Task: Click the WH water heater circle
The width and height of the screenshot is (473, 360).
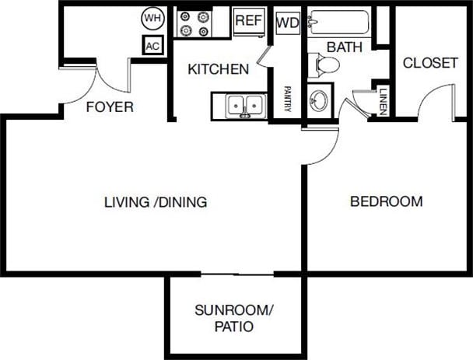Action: pyautogui.click(x=151, y=17)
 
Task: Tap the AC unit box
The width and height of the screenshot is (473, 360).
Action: pyautogui.click(x=152, y=46)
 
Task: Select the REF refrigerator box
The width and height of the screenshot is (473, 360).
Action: pyautogui.click(x=248, y=22)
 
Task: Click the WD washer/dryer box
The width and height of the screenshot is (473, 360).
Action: pyautogui.click(x=287, y=23)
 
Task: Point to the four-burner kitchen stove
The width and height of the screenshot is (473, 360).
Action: pyautogui.click(x=194, y=23)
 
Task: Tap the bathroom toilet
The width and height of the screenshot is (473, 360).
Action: pyautogui.click(x=322, y=65)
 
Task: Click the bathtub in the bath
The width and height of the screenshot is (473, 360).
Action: pyautogui.click(x=339, y=22)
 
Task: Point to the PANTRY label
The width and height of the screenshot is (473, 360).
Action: pyautogui.click(x=287, y=100)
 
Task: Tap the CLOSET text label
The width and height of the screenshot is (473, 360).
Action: pyautogui.click(x=430, y=63)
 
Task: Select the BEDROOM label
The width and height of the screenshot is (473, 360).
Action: pyautogui.click(x=387, y=201)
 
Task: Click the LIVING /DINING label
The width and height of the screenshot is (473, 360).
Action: pyautogui.click(x=156, y=202)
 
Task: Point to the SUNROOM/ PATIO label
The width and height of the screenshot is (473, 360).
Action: pyautogui.click(x=233, y=319)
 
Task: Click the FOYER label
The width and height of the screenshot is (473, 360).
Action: pyautogui.click(x=110, y=107)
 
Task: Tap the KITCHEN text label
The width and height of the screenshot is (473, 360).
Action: pyautogui.click(x=218, y=69)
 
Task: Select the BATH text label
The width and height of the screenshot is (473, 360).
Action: pyautogui.click(x=345, y=47)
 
